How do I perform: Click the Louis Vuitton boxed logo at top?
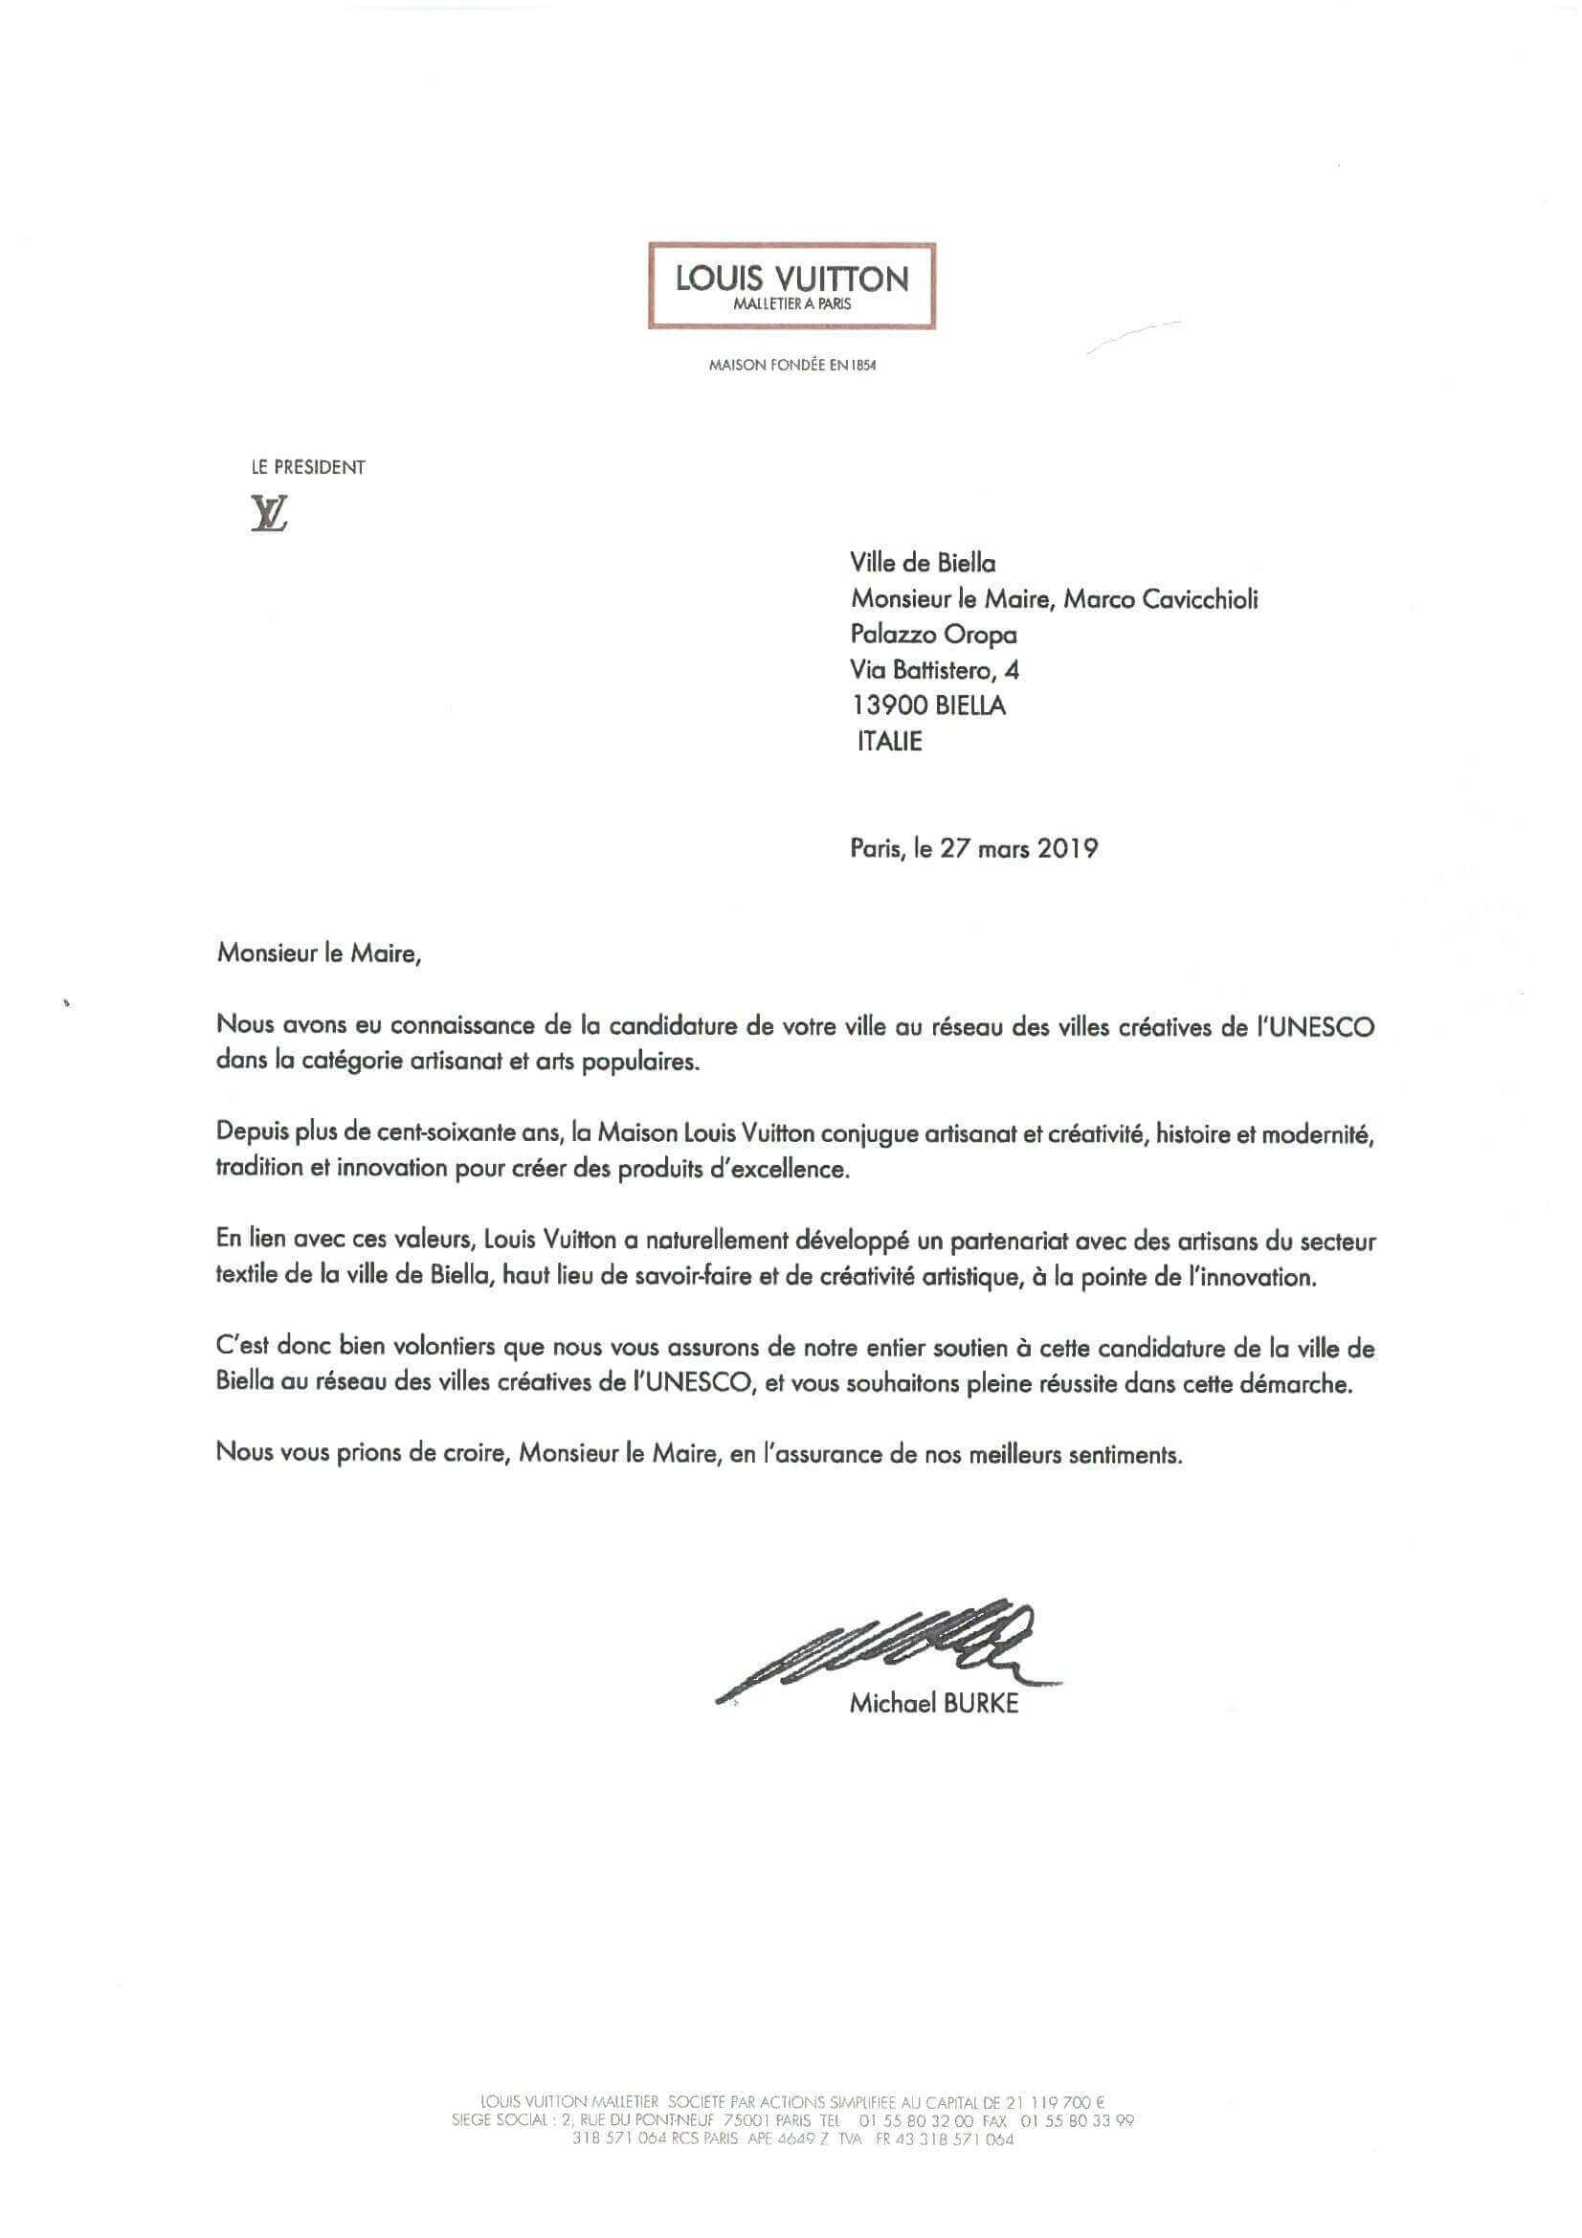[791, 285]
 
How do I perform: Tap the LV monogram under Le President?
[269, 513]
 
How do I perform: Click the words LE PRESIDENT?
[308, 467]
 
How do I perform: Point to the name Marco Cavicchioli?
[1160, 598]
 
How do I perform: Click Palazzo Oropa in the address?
[933, 635]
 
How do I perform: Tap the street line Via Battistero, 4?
[935, 671]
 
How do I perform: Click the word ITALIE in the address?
[889, 741]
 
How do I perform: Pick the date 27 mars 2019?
[1018, 848]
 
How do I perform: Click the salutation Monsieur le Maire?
[319, 952]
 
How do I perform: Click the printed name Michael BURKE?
[934, 1703]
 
